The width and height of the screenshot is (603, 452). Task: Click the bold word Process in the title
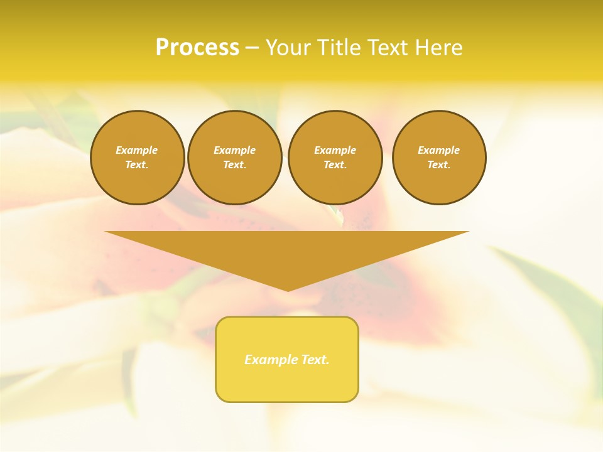click(197, 48)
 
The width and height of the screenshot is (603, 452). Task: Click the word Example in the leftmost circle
click(137, 150)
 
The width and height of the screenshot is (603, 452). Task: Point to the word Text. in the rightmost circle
click(439, 164)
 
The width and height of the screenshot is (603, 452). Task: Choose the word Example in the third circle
click(335, 150)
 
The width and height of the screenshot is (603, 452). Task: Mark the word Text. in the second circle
click(235, 164)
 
